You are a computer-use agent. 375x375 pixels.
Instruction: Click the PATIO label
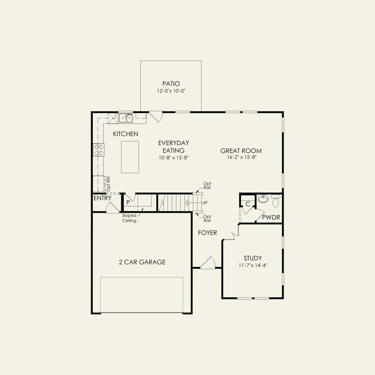point(171,83)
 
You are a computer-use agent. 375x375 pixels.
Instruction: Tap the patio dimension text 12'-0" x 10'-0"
point(171,91)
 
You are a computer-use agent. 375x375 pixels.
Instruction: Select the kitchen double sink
point(126,118)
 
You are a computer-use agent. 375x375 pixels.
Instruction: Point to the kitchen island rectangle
point(130,157)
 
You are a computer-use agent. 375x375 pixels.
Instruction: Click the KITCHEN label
point(126,134)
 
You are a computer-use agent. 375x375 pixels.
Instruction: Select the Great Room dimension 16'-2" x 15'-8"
point(241,157)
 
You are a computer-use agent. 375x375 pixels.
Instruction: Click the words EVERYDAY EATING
point(174,146)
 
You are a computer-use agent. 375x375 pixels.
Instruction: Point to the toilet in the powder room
point(275,201)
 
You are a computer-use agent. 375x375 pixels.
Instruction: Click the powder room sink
point(263,199)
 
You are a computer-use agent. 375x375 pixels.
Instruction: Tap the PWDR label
point(271,217)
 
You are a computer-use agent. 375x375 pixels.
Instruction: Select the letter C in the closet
point(248,204)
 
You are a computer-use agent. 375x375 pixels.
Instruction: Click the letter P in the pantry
point(128,203)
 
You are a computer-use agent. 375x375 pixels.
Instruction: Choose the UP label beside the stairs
point(205,203)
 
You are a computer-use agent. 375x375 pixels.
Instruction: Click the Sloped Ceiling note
point(129,218)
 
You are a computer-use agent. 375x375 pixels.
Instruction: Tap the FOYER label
point(207,233)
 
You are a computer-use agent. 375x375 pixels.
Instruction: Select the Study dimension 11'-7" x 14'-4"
point(253,265)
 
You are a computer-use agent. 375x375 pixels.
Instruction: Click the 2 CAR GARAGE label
point(142,262)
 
